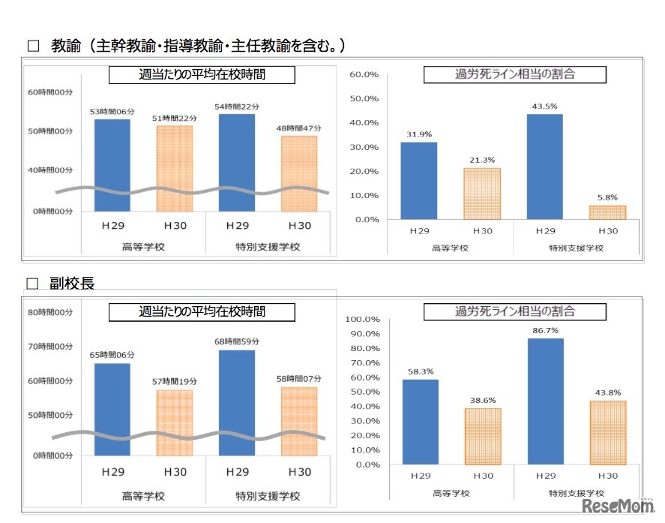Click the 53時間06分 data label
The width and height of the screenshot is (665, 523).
[x=111, y=112]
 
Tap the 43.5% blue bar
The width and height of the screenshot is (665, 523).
[x=545, y=166]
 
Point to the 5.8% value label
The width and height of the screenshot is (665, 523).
[x=608, y=199]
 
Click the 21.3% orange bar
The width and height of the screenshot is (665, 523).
[x=482, y=194]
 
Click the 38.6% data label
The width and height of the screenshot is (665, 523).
[x=483, y=401]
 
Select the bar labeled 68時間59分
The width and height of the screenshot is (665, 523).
[x=237, y=402]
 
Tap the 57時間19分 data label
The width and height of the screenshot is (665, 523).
[x=174, y=383]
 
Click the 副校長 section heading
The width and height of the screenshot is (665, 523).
[x=72, y=283]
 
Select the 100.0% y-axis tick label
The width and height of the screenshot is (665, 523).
[x=362, y=319]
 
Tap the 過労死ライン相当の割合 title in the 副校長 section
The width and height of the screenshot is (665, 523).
[x=515, y=311]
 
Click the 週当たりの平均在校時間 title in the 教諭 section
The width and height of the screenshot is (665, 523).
[x=202, y=75]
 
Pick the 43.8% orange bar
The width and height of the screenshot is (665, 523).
[x=608, y=432]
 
